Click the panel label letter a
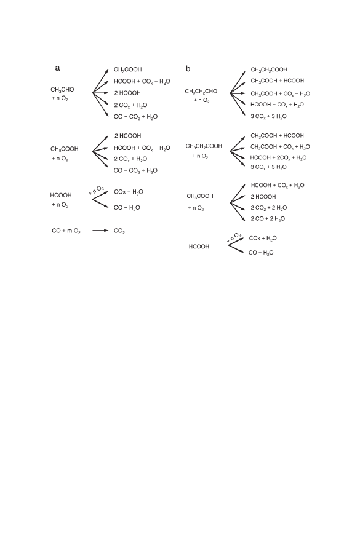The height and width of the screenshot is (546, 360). click(x=57, y=68)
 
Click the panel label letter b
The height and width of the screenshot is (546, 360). click(x=188, y=69)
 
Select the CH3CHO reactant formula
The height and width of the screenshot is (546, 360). click(x=62, y=90)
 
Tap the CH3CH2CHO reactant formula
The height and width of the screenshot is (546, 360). click(x=201, y=92)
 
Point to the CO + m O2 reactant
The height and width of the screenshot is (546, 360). click(x=66, y=231)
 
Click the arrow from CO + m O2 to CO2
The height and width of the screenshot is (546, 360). click(x=100, y=231)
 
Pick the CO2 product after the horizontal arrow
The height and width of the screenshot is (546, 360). click(x=119, y=231)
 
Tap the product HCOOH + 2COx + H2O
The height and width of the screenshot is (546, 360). click(x=278, y=158)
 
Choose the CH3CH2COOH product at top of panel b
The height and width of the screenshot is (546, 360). click(x=269, y=69)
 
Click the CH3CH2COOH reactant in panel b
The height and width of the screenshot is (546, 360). click(x=204, y=146)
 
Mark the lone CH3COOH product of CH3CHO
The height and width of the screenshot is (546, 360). click(x=128, y=69)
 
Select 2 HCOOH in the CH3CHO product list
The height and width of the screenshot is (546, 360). click(x=127, y=93)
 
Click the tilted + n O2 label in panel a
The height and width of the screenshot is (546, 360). click(x=97, y=190)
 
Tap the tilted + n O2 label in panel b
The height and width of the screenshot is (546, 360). click(x=234, y=237)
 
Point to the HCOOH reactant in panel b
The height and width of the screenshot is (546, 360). click(x=199, y=247)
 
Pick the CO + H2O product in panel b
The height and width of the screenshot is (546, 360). click(x=261, y=253)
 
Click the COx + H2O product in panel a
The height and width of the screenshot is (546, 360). click(x=129, y=192)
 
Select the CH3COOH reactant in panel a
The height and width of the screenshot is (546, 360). click(x=65, y=149)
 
